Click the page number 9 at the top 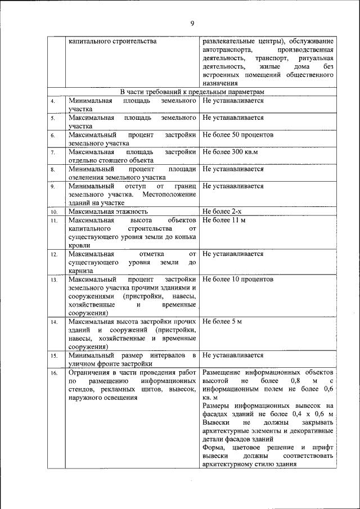[192, 23]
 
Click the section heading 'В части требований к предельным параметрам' [192, 92]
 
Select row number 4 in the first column [52, 101]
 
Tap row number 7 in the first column [52, 152]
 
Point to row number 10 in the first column [54, 212]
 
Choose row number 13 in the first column [54, 280]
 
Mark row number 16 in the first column [54, 373]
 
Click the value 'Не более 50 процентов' [238, 136]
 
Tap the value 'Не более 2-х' [222, 212]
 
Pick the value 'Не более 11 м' [224, 220]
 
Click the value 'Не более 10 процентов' [238, 279]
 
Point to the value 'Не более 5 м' [222, 322]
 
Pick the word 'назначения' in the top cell [220, 83]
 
